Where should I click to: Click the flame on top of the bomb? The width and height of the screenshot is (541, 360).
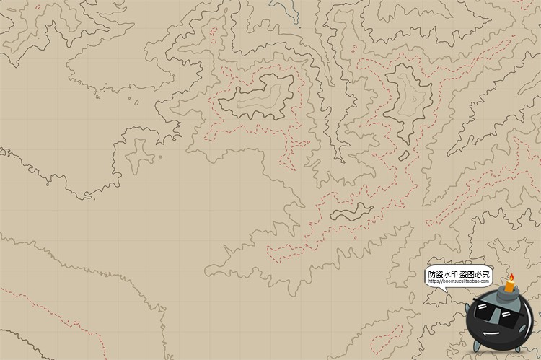511,277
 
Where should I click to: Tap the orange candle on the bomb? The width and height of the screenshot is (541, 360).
510,286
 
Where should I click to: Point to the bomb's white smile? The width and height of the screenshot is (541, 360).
490,334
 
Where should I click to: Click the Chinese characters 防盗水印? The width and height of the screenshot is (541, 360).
442,274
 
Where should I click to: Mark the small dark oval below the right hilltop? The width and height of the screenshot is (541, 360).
404,154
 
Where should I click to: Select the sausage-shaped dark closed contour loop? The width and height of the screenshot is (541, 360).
352,212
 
